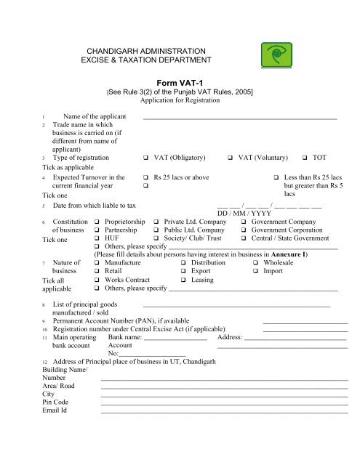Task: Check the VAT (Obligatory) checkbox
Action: [x=146, y=158]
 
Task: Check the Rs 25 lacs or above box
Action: [x=146, y=177]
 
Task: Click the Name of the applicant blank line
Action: [x=240, y=117]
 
